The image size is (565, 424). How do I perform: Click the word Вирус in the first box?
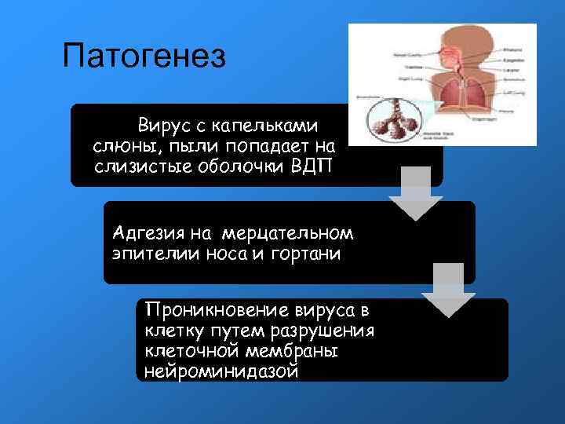[x=161, y=125]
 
